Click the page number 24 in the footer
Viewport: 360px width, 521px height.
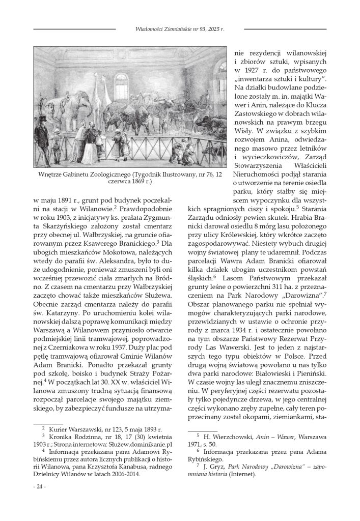click(x=39, y=487)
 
